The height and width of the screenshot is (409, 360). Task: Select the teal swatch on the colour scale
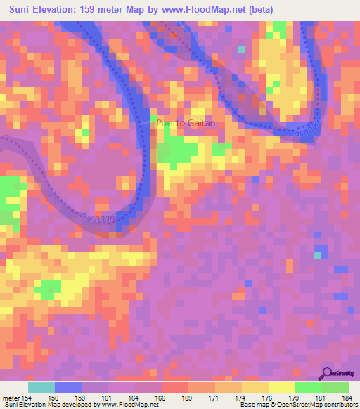41,387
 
